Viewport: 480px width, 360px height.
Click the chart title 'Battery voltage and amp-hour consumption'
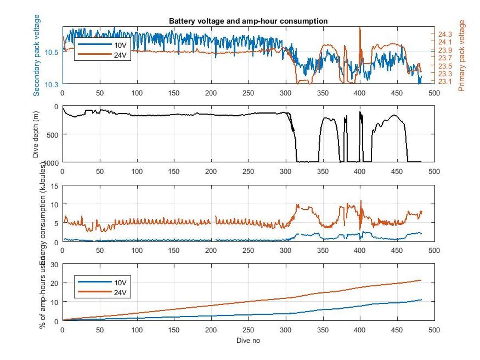248,21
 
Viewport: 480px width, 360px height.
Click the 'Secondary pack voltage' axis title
36,55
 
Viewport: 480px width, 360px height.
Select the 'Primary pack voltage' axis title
463,56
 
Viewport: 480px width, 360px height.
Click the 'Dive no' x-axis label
248,340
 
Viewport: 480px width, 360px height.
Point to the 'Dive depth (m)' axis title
36,134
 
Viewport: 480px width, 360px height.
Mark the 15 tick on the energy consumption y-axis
55,186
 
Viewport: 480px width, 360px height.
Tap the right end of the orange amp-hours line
421,280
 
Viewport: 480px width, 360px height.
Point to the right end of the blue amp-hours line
421,300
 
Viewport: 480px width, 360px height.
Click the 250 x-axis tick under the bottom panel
248,330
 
